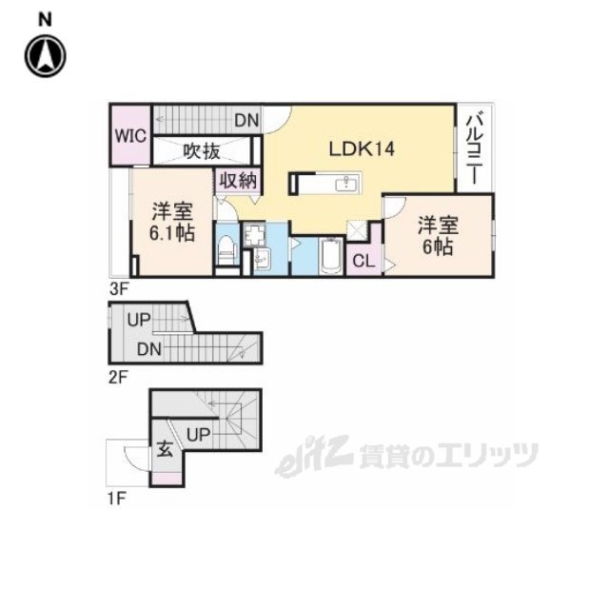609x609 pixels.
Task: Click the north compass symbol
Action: click(x=45, y=56)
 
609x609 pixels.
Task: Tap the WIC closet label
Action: click(x=130, y=135)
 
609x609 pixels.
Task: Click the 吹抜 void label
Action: click(x=203, y=150)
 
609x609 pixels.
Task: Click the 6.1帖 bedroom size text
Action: click(x=171, y=233)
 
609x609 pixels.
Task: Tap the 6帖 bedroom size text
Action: click(x=438, y=246)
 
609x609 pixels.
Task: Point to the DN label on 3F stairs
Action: click(x=246, y=121)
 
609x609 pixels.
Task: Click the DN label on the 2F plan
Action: click(x=147, y=349)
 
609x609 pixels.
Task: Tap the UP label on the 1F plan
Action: click(x=198, y=434)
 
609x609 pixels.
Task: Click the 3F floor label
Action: click(x=117, y=286)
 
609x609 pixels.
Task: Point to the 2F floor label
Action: click(x=117, y=377)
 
